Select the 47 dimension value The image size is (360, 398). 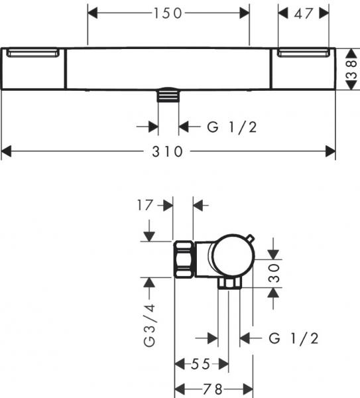point(303,13)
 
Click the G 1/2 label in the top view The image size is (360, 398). point(231,127)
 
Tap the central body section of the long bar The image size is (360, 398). point(169,68)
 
